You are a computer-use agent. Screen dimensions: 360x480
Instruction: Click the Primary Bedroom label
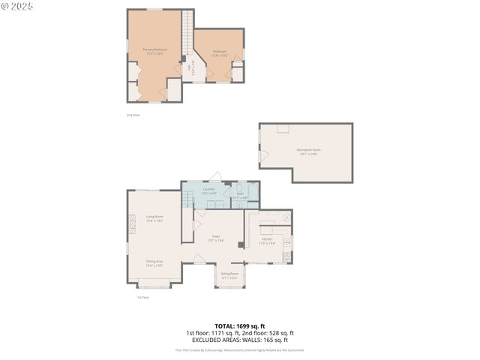154,51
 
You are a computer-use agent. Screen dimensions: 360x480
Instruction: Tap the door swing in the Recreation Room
263,155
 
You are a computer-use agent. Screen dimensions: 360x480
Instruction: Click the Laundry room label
209,191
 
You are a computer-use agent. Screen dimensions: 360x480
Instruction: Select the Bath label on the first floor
240,196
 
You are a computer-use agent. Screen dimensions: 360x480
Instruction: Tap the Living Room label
154,218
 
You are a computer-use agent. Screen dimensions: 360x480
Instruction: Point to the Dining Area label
154,263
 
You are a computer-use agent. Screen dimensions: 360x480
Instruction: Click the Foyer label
215,238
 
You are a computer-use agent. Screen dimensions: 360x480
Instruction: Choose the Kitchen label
267,241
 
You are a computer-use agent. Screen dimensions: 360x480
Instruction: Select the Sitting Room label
229,275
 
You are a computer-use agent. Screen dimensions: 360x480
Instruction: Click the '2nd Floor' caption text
133,115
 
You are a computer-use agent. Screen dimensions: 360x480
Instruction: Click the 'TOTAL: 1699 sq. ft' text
239,325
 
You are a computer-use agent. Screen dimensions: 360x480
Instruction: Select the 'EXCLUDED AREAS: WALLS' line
239,339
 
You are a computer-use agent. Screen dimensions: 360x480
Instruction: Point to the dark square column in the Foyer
240,244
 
